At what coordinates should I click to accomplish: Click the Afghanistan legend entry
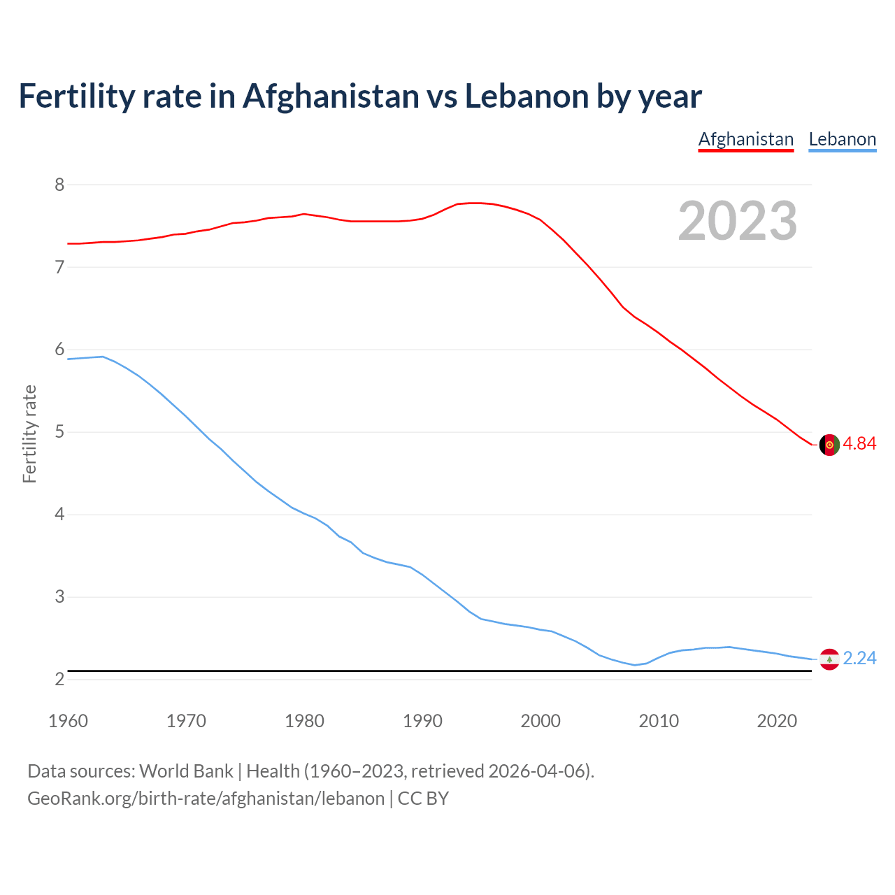pos(746,139)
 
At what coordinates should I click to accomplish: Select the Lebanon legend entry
pos(842,139)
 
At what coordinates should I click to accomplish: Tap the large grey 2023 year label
pos(738,221)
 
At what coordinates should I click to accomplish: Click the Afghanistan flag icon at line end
pos(829,445)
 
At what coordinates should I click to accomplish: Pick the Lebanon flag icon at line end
pos(829,659)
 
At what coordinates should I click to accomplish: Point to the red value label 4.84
pos(859,444)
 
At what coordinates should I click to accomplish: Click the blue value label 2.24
pos(859,659)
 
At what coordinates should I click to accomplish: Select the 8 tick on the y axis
pos(59,185)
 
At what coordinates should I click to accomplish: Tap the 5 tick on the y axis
pos(59,432)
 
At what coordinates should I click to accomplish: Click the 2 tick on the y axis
pos(59,679)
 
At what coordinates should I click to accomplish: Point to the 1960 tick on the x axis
pos(68,721)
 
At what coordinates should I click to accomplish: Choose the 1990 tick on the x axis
pos(422,721)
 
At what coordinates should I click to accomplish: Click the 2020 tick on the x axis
pos(777,721)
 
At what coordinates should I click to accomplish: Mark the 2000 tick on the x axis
pos(540,721)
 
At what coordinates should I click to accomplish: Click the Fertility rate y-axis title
pos(29,434)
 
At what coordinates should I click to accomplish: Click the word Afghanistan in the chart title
pos(331,96)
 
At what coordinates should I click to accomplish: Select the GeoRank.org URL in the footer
pos(206,799)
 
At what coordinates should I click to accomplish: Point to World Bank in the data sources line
pos(186,771)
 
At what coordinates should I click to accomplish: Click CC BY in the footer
pos(423,799)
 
